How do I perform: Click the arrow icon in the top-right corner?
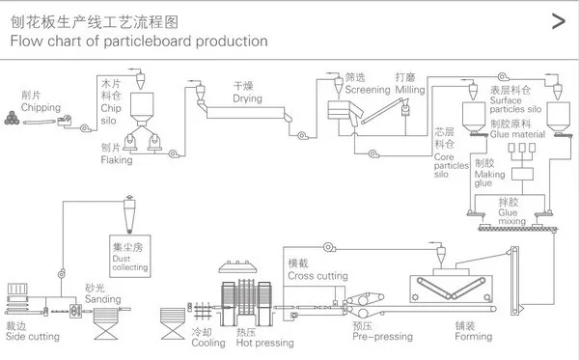[x=559, y=21]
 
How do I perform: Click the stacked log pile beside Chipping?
[x=12, y=118]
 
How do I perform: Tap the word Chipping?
[x=41, y=107]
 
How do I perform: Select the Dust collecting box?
[x=130, y=256]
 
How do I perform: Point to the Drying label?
[x=247, y=98]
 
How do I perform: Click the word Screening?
[x=368, y=90]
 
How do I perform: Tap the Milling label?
[x=410, y=90]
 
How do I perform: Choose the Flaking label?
[x=117, y=160]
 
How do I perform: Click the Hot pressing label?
[x=264, y=343]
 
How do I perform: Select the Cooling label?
[x=208, y=343]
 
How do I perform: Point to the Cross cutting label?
[x=317, y=276]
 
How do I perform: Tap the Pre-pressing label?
[x=382, y=337]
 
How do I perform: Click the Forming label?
[x=474, y=337]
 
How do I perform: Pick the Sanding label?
[x=102, y=298]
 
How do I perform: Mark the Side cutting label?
[x=33, y=337]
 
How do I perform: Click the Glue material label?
[x=517, y=134]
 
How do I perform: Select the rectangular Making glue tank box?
[x=522, y=174]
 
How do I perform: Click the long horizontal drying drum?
[x=245, y=113]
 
